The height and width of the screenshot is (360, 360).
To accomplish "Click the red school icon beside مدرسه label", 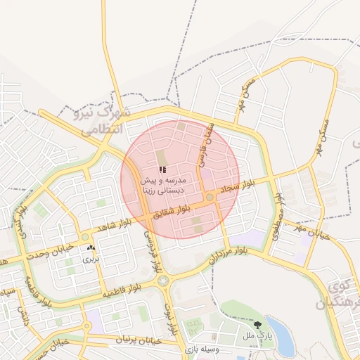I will tap(162, 169).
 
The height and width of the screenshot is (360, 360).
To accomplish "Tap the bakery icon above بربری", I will tap(91, 247).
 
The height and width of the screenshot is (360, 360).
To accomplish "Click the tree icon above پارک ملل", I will tap(257, 325).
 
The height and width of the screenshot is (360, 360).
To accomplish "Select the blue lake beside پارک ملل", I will tap(280, 329).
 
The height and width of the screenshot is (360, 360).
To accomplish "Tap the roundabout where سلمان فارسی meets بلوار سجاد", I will tap(210, 198).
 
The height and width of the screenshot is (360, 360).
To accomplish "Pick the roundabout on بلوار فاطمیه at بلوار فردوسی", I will tap(163, 281).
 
